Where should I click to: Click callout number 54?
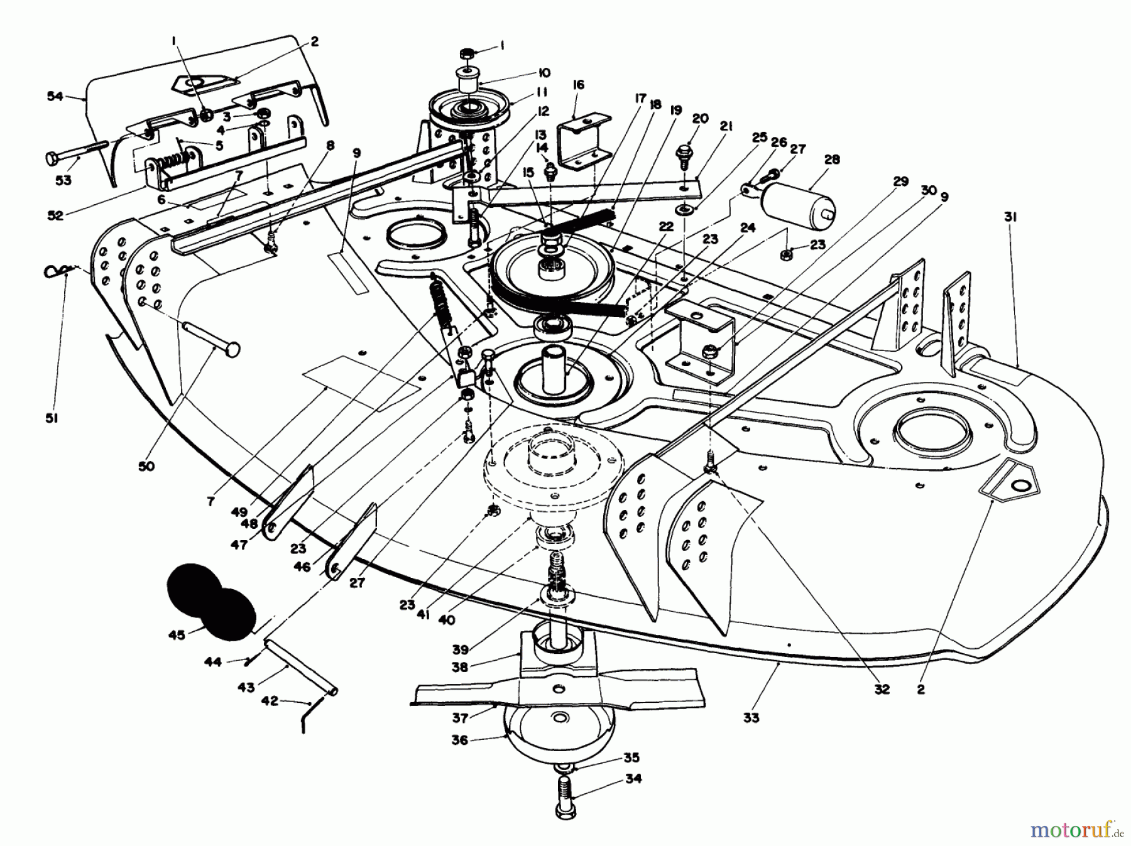(55, 96)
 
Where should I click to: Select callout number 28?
(831, 160)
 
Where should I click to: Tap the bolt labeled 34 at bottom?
(565, 794)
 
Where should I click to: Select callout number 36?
(460, 740)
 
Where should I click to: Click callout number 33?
(751, 717)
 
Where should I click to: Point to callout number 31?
(1010, 217)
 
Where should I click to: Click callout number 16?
(579, 85)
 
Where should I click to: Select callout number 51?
(52, 418)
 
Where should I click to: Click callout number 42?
(269, 701)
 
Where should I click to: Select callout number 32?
(882, 689)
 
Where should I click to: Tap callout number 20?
(700, 119)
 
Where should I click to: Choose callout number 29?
(900, 182)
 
